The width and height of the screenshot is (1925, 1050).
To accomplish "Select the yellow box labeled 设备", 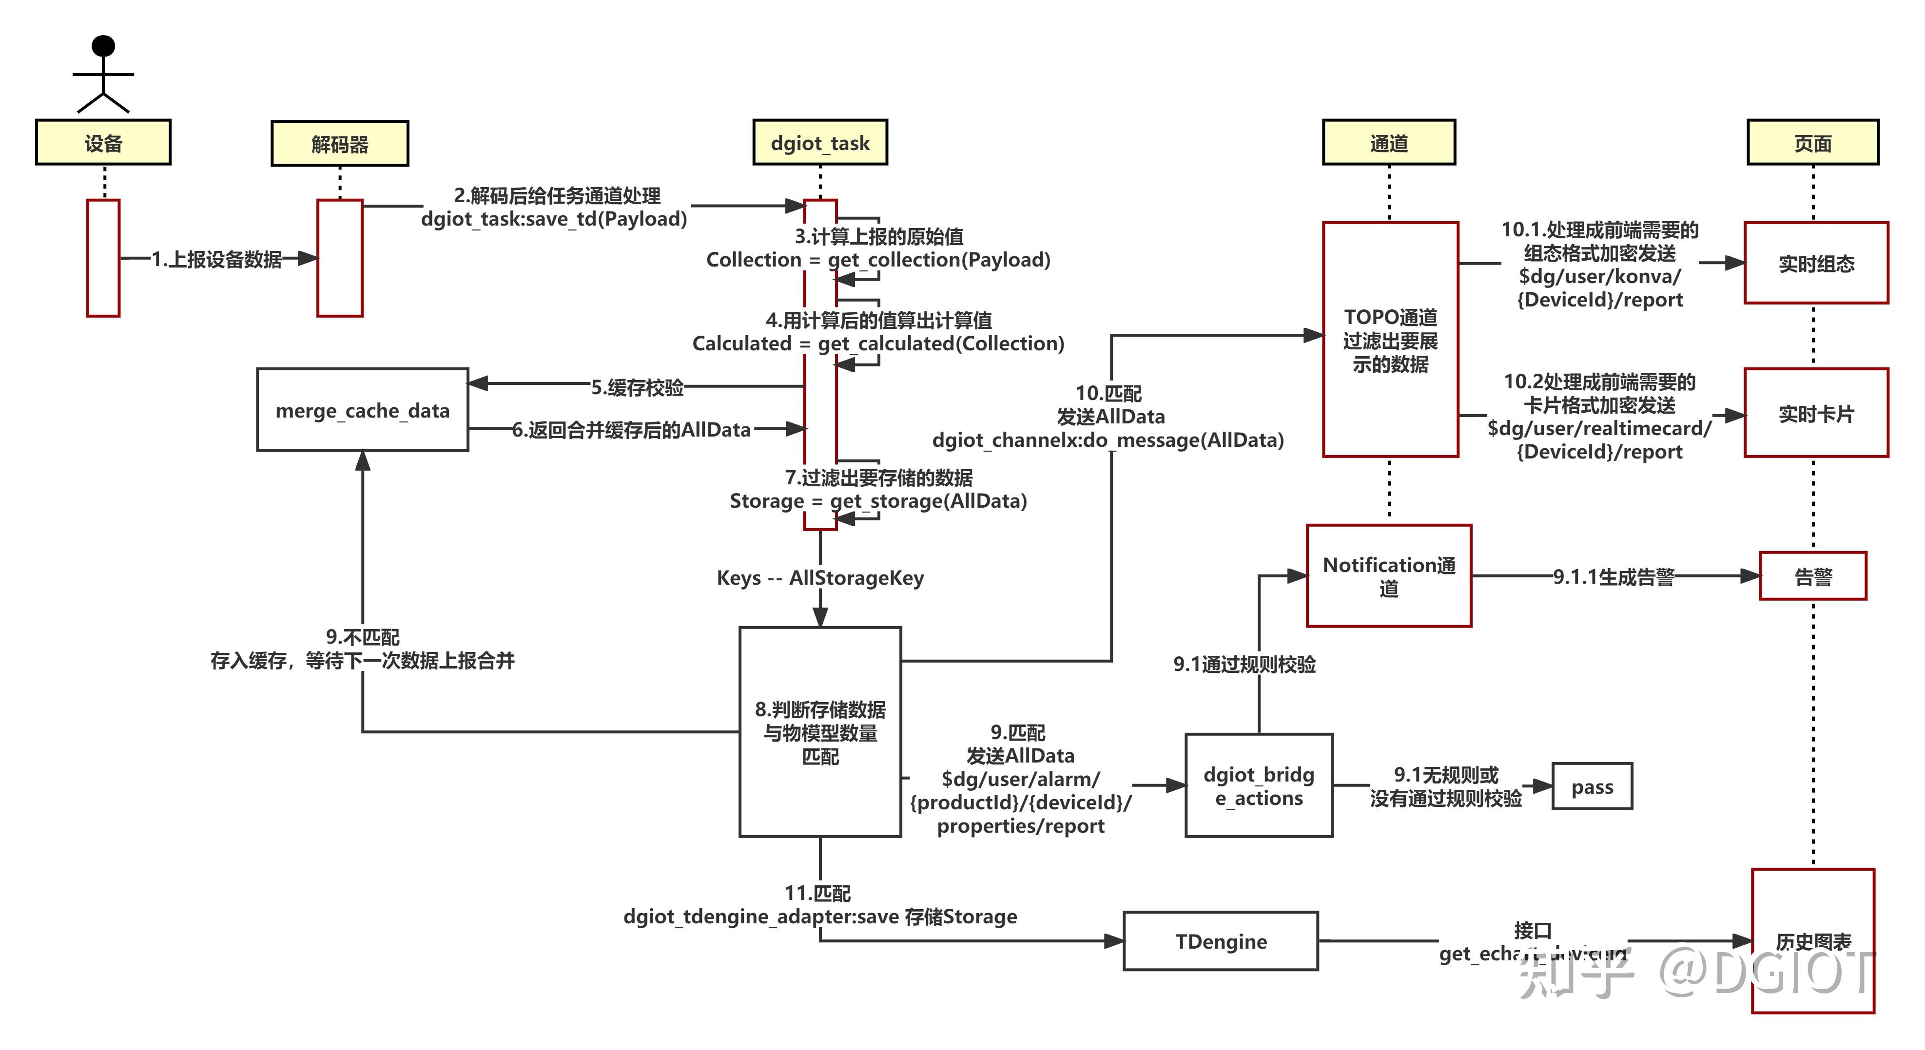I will pos(103,143).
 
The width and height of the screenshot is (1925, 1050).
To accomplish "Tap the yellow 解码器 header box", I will pos(340,143).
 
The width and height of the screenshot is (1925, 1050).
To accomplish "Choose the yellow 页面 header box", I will pos(1812,143).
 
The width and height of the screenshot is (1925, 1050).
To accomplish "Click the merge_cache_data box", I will pos(363,410).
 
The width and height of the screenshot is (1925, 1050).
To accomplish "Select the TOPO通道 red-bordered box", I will pos(1390,340).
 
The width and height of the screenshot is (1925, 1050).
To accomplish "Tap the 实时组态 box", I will pos(1816,264).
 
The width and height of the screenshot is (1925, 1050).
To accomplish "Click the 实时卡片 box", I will pos(1816,413).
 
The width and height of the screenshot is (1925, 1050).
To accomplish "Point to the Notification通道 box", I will pos(1388,576).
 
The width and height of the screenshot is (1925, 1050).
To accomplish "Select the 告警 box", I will pos(1813,576).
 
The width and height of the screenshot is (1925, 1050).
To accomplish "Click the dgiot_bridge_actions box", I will pos(1259,785).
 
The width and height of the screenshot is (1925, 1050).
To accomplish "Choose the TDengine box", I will pos(1220,941).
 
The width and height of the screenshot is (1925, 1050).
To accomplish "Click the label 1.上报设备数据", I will pos(217,259).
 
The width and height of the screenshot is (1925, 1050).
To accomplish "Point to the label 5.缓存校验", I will pos(637,387).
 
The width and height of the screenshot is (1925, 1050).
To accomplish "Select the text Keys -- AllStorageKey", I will pos(820,577).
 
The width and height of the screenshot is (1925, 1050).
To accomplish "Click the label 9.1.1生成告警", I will pos(1614,576).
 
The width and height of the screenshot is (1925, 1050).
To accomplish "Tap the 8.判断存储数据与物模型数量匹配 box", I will pos(820,732).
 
